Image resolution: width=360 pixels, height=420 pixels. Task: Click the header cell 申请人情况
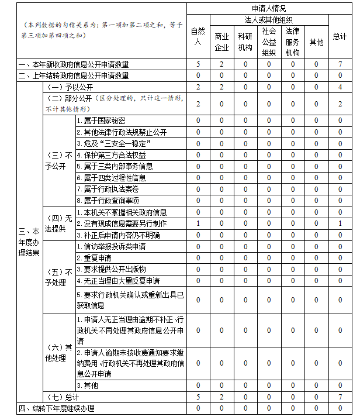(269, 9)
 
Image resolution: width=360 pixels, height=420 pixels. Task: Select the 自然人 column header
(198, 36)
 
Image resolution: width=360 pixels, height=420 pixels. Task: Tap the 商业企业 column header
(221, 42)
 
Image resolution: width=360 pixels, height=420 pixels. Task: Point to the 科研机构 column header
(245, 42)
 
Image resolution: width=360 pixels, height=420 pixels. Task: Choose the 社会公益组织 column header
(269, 41)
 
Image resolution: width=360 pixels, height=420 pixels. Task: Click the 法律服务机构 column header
(292, 41)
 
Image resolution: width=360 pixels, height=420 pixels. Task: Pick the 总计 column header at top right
(340, 36)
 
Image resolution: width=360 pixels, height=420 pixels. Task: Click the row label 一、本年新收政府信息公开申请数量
(74, 64)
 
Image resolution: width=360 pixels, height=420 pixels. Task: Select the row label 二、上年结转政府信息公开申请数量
(74, 75)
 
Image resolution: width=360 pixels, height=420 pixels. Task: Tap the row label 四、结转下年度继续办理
(57, 408)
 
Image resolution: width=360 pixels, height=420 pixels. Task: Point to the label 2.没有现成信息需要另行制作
(122, 223)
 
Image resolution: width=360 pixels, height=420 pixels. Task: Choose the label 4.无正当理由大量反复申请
(118, 281)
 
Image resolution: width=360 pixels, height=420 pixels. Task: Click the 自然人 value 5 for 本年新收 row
(198, 64)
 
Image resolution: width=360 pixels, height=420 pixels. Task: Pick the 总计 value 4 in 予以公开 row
(340, 87)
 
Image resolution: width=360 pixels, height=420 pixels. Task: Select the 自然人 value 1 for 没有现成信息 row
(198, 223)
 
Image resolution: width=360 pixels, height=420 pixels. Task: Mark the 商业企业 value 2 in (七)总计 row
(221, 397)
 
